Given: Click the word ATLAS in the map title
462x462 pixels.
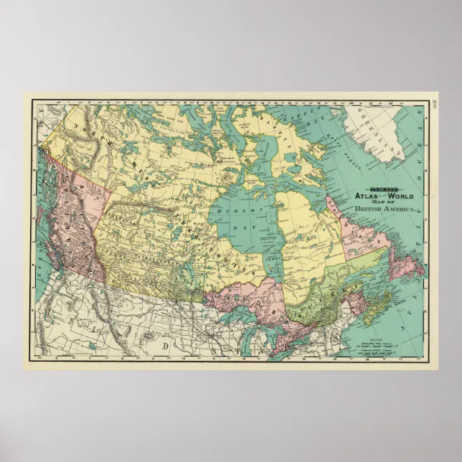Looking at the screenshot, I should click(365, 194).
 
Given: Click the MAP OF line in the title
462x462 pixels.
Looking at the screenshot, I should click(383, 201).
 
